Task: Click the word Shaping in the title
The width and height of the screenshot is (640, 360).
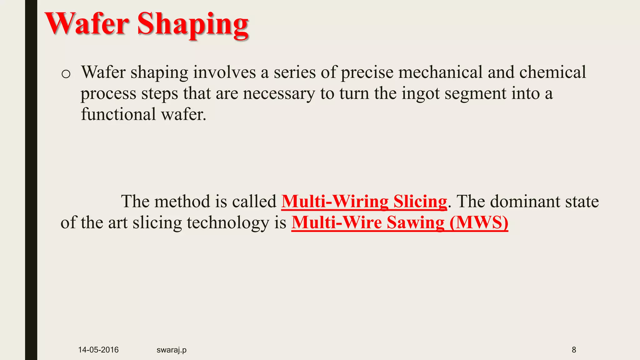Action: click(193, 25)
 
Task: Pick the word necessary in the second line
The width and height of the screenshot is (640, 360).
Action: click(279, 94)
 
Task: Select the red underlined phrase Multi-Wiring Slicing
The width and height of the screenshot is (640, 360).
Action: click(364, 202)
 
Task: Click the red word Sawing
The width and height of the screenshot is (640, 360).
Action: click(415, 223)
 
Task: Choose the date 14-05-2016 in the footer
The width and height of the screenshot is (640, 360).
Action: click(98, 350)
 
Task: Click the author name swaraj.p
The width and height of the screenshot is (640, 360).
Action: click(171, 350)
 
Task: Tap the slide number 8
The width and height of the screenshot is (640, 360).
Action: click(574, 350)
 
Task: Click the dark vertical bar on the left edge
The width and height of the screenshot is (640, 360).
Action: click(31, 180)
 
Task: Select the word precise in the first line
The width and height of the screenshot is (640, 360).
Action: click(367, 72)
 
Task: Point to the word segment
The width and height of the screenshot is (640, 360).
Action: click(475, 94)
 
